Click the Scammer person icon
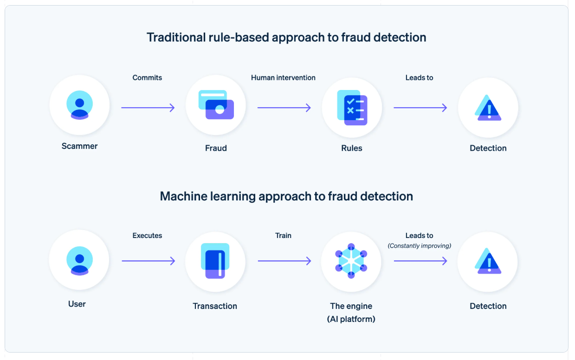(79, 105)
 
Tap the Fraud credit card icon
(216, 105)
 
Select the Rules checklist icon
(352, 108)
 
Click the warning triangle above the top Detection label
(488, 108)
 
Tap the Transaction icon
(215, 261)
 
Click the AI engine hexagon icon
(351, 261)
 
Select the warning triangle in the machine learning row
(488, 261)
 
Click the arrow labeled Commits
(148, 108)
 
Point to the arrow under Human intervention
(284, 108)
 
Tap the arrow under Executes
(148, 261)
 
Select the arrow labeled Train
(284, 261)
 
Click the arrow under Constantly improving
(420, 261)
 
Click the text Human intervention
(283, 78)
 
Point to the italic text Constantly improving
(420, 246)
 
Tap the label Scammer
(79, 146)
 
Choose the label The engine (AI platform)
(351, 313)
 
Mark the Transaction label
(215, 306)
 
